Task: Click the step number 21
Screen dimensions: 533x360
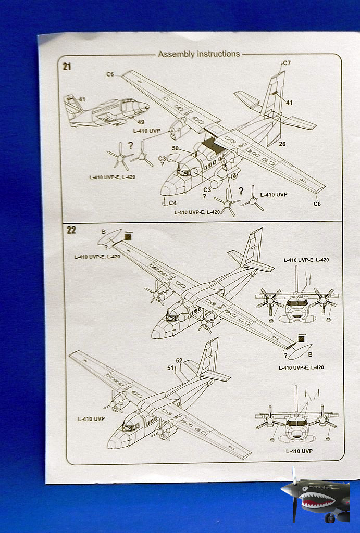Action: point(67,66)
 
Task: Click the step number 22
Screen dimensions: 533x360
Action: point(71,230)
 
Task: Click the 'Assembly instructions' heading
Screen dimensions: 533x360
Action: point(199,54)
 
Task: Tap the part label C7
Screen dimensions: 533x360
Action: point(287,63)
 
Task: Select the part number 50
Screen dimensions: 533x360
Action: point(175,149)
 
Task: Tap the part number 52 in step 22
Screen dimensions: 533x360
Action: point(179,360)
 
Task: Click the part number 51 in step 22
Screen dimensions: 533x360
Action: point(170,368)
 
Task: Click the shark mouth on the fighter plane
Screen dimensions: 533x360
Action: point(314,502)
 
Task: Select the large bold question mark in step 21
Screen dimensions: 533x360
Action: point(241,191)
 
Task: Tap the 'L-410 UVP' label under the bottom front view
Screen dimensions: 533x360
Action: point(299,451)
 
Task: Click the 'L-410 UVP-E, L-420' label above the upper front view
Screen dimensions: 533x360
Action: point(306,259)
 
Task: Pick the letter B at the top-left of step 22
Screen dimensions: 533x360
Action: point(103,232)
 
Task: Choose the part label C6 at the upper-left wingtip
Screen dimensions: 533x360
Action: point(110,74)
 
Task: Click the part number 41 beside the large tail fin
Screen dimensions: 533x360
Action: point(289,103)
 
